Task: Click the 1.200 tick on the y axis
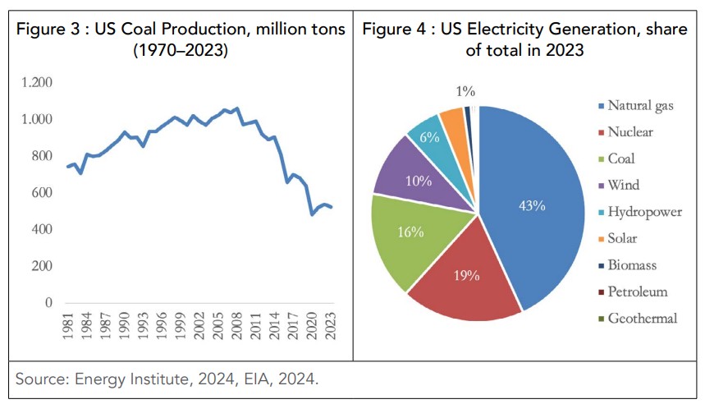point(36,83)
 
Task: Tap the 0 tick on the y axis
point(48,303)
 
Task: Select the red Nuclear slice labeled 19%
point(466,275)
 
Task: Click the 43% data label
point(531,205)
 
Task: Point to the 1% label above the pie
point(466,91)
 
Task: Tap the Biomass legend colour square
point(600,265)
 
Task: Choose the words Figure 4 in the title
point(399,30)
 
